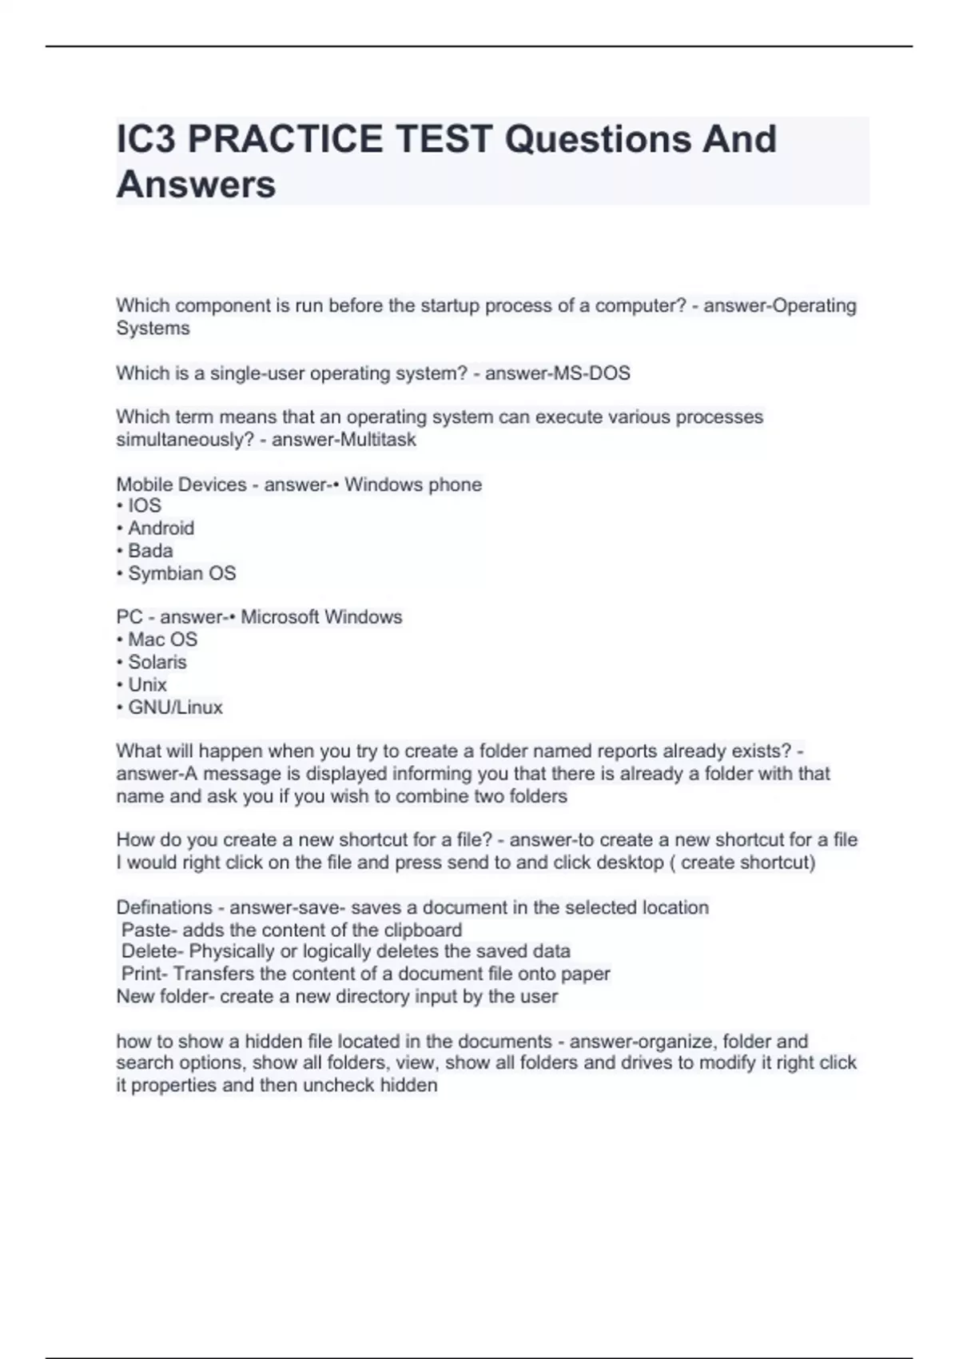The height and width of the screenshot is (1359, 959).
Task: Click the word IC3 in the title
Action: coord(146,140)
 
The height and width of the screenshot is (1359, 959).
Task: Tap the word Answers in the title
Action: coord(197,185)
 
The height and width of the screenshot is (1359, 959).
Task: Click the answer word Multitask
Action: coord(378,440)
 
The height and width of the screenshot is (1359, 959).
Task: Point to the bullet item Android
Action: coord(161,528)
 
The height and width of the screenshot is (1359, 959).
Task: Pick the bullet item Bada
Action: coord(150,551)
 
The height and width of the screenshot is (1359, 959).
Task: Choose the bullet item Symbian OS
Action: coord(181,573)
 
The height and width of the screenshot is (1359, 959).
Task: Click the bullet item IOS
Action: coord(145,506)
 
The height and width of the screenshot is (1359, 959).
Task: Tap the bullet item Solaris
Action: coord(157,662)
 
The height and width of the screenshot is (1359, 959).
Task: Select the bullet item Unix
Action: coord(147,685)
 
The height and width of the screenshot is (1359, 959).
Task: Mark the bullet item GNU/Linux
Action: coord(175,707)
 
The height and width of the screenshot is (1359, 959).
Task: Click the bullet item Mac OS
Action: coord(162,640)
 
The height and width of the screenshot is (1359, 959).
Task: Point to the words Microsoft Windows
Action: coord(321,617)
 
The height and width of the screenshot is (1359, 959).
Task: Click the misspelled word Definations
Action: coord(165,907)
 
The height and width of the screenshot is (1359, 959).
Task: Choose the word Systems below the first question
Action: coord(153,329)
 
